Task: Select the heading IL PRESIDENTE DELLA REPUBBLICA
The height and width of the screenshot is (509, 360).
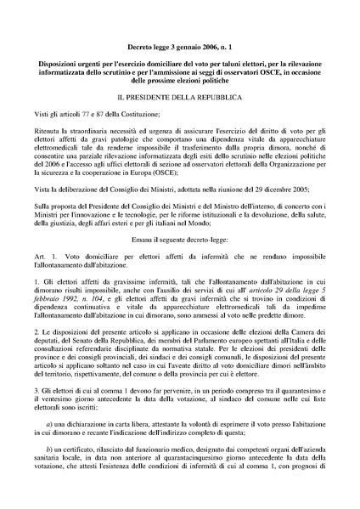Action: coord(179,99)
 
